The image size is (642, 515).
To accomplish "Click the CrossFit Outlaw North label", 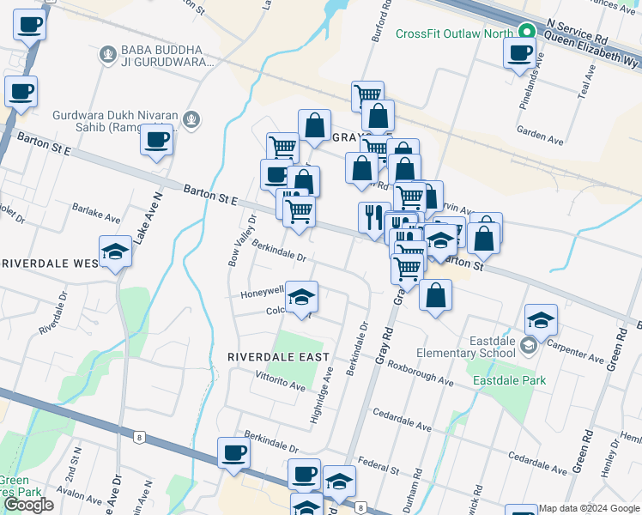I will point(453,33).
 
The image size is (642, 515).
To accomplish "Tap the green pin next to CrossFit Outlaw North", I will point(525,33).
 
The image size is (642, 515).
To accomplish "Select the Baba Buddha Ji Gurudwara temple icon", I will point(107,54).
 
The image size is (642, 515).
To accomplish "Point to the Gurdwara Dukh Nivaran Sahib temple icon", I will point(194,119).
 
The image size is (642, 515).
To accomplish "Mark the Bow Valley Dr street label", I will point(241,241).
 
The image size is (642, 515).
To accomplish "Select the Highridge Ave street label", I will point(321,398).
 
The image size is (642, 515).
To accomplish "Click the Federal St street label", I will point(379,467).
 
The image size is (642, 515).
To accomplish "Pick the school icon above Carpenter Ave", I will point(541,320).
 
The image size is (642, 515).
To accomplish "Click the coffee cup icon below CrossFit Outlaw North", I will point(520,53).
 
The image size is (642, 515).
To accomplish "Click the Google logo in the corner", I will point(28,505).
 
